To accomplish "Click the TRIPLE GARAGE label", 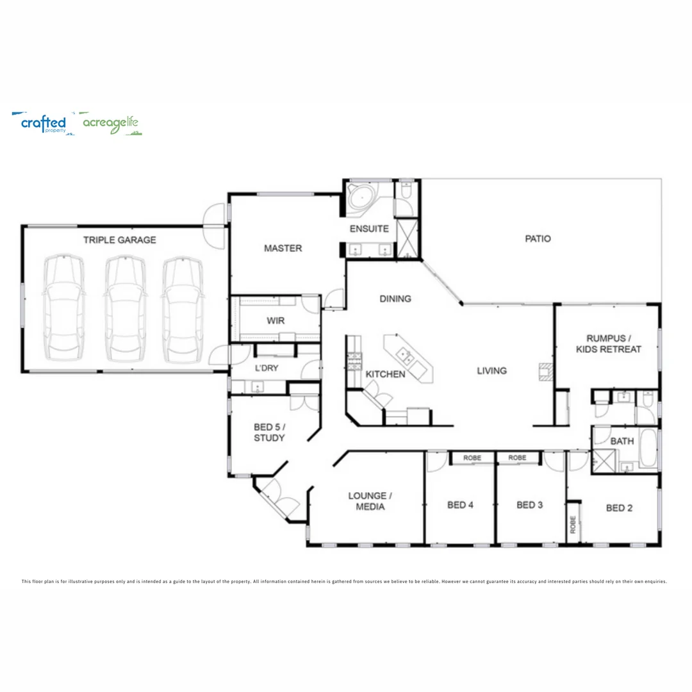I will point(119,240).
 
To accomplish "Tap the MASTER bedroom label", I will point(283,248).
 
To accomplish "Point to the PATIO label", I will point(538,239).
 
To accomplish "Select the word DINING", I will point(395,299).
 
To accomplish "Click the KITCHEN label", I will point(385,374).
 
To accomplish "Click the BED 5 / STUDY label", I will point(269,432).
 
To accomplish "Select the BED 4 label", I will point(460,505).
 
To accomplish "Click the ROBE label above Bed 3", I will point(517,457).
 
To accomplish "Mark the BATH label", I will point(622,441).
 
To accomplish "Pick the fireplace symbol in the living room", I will point(545,372).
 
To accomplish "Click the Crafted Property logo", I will point(44,123).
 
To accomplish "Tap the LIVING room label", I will point(491,370).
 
